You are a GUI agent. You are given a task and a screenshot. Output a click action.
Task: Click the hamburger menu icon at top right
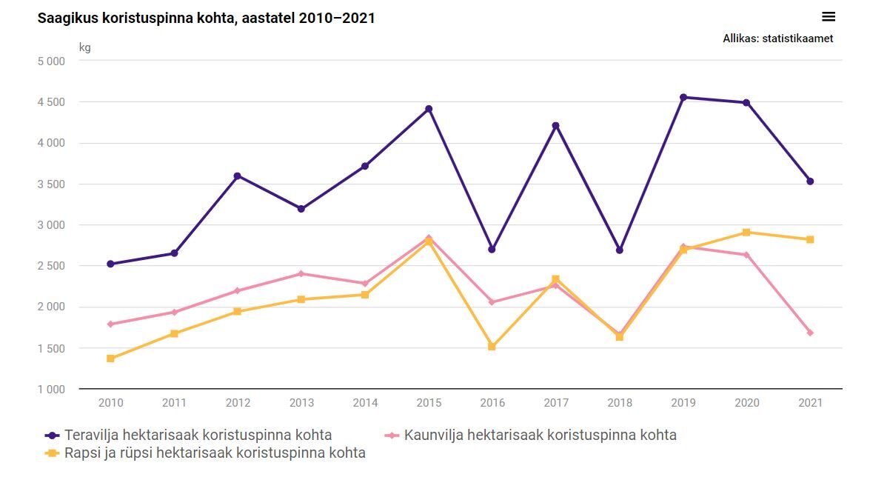828,17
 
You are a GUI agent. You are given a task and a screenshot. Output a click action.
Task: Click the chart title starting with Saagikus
206,18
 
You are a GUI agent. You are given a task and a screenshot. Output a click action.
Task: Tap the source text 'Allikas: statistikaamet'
777,39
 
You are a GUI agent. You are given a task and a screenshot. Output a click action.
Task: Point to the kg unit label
85,48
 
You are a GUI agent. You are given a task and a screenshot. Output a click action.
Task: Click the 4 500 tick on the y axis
51,102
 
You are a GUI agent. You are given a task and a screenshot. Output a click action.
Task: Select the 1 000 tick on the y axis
51,390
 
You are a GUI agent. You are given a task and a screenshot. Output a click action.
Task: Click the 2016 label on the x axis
492,403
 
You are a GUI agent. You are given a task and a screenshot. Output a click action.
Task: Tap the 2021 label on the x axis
810,403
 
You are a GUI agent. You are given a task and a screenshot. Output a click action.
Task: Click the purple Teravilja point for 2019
683,97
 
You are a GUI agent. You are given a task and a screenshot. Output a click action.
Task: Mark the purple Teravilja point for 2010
110,264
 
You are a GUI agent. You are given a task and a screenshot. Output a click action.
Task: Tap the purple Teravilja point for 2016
492,250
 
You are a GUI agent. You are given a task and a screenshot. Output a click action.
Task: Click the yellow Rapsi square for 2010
110,358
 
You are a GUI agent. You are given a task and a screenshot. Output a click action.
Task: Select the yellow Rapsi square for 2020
746,233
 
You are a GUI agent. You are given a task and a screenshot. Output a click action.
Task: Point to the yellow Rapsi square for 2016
492,347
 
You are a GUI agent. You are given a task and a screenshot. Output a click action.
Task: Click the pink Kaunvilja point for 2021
810,333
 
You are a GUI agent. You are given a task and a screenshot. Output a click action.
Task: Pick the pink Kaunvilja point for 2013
301,274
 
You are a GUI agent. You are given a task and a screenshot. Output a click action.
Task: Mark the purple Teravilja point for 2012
238,176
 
